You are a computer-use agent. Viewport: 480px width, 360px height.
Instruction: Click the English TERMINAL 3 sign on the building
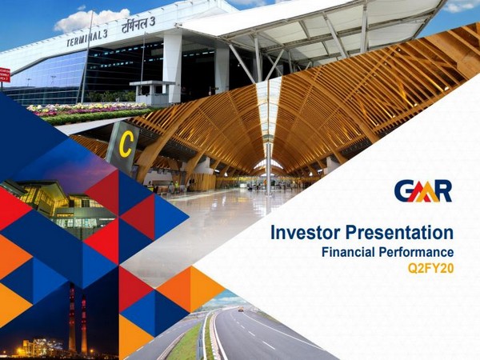click(x=87, y=38)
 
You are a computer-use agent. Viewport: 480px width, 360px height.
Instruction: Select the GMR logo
click(x=422, y=191)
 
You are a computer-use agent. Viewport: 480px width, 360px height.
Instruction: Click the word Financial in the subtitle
click(x=348, y=253)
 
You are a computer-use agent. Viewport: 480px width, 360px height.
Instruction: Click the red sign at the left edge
click(x=4, y=74)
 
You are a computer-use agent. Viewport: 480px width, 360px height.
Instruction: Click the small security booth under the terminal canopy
click(x=152, y=92)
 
